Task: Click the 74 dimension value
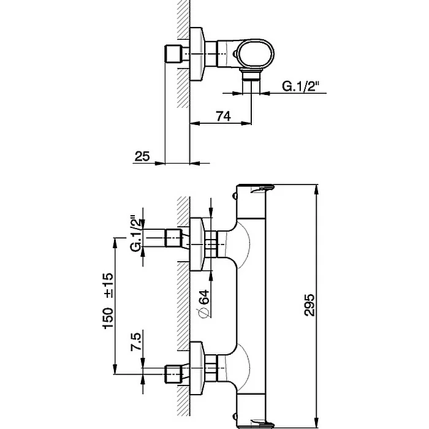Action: [223, 116]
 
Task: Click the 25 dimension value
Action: [142, 156]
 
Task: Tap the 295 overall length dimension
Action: [309, 305]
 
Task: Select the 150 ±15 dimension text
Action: [108, 300]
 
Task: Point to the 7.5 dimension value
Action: [136, 341]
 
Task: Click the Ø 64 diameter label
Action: [204, 304]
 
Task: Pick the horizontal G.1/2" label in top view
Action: [301, 86]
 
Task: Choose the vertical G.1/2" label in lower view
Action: [137, 233]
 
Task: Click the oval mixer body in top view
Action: [255, 54]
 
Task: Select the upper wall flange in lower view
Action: [197, 245]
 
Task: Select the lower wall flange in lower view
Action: [197, 368]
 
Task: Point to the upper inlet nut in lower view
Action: [173, 238]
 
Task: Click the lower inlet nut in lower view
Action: [173, 374]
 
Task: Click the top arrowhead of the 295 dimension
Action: [317, 189]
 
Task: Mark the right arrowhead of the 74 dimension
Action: [246, 123]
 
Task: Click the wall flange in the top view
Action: [197, 54]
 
